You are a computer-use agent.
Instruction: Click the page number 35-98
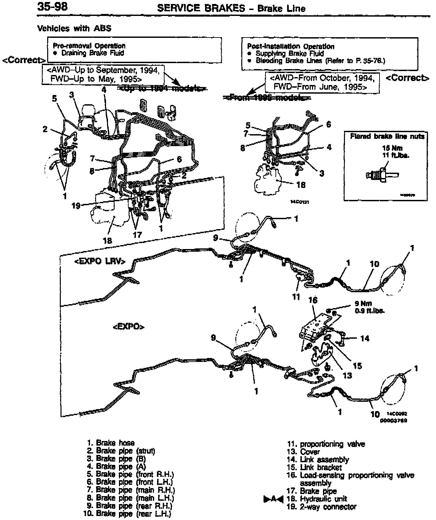(x=53, y=7)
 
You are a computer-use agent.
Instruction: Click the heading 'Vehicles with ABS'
(x=74, y=29)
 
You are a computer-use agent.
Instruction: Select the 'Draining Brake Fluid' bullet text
(x=93, y=53)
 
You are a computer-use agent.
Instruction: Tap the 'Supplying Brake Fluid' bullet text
(x=289, y=54)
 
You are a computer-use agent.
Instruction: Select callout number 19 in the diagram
(x=76, y=206)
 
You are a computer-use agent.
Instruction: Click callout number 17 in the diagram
(x=137, y=235)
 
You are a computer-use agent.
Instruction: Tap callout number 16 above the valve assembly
(x=313, y=300)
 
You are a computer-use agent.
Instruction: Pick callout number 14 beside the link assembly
(x=365, y=338)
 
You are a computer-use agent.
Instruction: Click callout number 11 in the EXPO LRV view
(x=296, y=297)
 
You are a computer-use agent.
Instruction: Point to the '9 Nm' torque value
(x=363, y=303)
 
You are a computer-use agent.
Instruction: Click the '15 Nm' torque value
(x=392, y=148)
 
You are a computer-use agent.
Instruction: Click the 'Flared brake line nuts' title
(x=387, y=136)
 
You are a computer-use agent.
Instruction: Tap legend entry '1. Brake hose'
(x=111, y=443)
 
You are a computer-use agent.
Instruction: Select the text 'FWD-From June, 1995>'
(x=320, y=87)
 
